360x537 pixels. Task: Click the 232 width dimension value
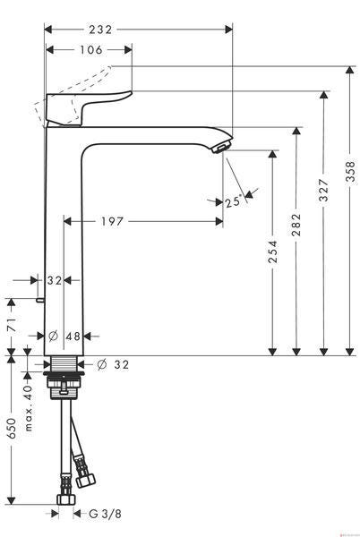click(100, 30)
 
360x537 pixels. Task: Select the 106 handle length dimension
click(91, 50)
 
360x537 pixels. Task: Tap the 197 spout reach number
click(112, 222)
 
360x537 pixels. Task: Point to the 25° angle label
click(233, 201)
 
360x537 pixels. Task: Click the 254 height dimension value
click(272, 251)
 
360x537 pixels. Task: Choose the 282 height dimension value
click(296, 225)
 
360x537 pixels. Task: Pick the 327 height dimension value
click(323, 190)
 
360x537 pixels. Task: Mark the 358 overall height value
click(350, 173)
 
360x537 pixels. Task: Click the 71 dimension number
click(12, 324)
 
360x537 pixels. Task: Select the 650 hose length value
click(12, 428)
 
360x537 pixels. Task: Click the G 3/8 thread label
click(105, 514)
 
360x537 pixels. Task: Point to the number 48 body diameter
click(73, 337)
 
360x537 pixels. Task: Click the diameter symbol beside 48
click(53, 337)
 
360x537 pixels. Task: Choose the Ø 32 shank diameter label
click(113, 364)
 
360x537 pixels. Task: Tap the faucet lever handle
click(88, 107)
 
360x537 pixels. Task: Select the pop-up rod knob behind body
click(40, 300)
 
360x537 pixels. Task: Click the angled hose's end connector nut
click(85, 480)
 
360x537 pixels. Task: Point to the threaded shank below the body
click(64, 363)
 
